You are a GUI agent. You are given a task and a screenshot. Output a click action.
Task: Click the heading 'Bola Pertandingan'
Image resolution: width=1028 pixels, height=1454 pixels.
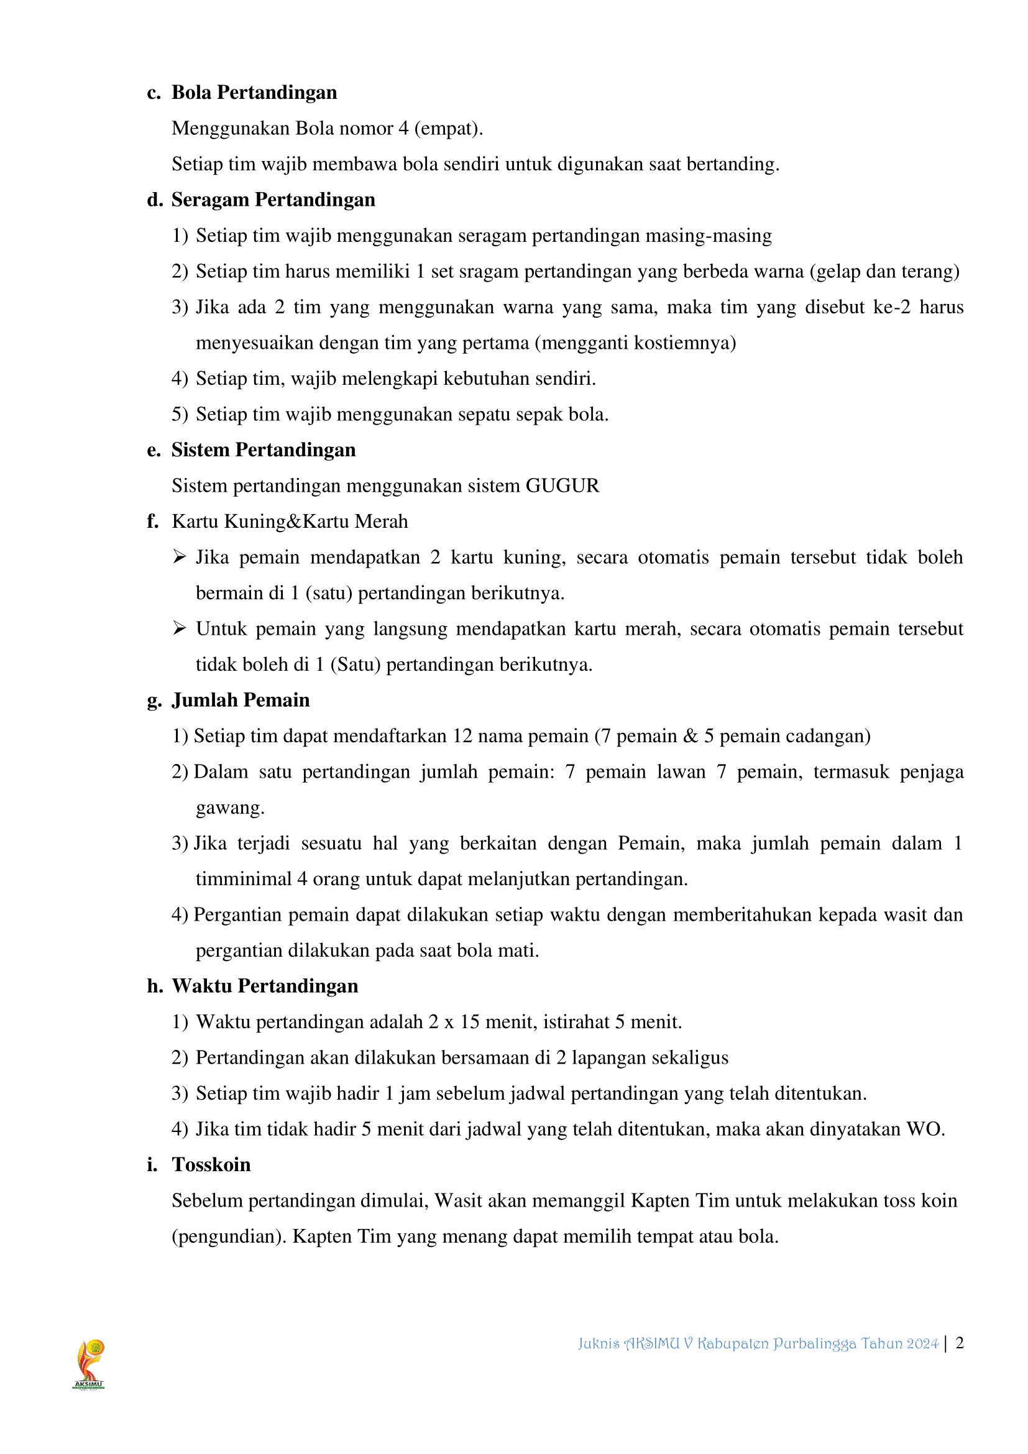coord(254,93)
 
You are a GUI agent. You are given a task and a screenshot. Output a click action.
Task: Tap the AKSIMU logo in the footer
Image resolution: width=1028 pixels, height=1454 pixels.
coord(89,1363)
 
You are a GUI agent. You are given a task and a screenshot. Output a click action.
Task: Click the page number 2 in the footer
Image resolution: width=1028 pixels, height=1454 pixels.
coord(960,1343)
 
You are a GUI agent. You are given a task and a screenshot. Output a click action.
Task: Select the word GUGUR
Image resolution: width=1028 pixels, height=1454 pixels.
coord(562,485)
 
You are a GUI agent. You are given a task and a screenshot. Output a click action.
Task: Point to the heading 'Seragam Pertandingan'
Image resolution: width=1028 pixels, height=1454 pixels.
coord(273,200)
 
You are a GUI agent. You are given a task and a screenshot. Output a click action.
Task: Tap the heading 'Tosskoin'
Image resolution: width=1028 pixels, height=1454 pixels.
coord(211,1164)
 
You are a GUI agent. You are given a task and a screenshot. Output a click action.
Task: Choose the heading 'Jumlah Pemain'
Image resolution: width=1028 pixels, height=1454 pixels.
coord(241,700)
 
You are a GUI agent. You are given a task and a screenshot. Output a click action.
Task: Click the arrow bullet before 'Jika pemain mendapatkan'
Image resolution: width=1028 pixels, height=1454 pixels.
coord(179,556)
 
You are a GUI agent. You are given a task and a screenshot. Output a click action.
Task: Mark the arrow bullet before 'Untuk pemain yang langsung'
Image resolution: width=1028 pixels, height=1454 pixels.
coord(179,628)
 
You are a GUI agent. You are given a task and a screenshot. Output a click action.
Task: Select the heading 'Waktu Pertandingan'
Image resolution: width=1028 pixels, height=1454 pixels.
coord(265,986)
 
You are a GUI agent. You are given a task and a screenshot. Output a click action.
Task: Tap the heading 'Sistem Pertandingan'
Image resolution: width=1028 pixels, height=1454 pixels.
coord(264,449)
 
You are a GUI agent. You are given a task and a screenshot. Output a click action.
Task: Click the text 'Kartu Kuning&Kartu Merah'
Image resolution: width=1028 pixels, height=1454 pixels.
coord(290,521)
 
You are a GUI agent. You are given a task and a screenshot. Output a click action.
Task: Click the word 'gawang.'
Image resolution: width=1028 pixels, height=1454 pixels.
coord(230,808)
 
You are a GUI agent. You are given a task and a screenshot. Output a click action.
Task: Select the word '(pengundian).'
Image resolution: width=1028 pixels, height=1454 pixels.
coord(229,1236)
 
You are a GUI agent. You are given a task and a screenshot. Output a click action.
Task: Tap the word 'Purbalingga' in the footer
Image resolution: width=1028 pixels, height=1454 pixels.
coord(814,1343)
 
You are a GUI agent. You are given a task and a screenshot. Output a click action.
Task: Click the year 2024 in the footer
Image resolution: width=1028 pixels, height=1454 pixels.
coord(922,1343)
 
